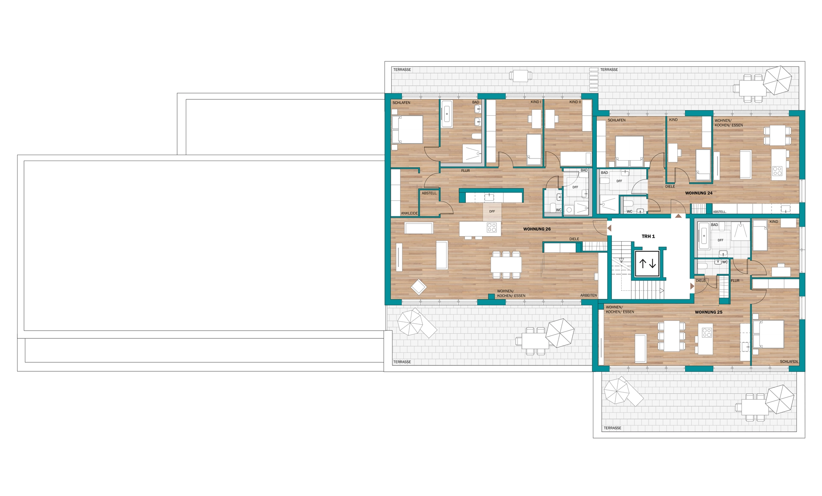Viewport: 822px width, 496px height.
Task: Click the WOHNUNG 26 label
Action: pos(537,229)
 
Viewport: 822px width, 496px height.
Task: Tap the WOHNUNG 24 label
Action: pos(699,193)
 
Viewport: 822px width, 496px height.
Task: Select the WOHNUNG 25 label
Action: pos(709,312)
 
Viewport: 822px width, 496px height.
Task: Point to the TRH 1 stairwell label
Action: pos(648,236)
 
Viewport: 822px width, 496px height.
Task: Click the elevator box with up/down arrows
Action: pos(647,263)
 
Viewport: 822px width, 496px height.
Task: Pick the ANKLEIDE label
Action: pos(409,213)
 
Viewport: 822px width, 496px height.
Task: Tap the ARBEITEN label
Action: pos(589,296)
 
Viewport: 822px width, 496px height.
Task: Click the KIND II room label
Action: pos(575,102)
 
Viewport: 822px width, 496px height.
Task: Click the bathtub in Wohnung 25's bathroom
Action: pos(703,236)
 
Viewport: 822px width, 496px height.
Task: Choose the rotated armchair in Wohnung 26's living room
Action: pos(419,287)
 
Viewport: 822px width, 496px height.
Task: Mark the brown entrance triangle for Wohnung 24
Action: pos(678,216)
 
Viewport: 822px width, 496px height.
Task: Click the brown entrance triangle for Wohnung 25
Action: pos(692,286)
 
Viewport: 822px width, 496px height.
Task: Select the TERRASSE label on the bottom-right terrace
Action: pos(612,428)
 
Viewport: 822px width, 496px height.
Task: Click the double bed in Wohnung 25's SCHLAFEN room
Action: pos(768,334)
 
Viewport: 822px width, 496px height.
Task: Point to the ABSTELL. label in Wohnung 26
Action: pos(429,193)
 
